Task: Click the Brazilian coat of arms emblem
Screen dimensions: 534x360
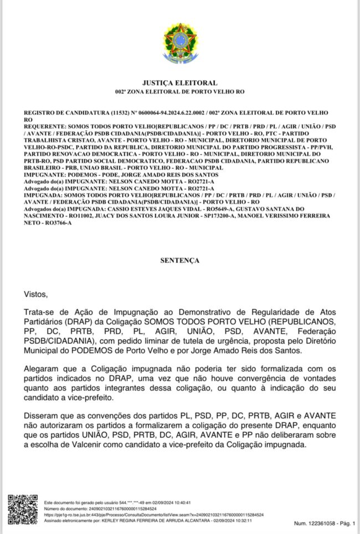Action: coord(179,42)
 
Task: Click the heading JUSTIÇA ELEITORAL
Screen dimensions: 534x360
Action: coord(179,83)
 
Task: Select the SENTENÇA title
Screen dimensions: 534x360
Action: coord(179,260)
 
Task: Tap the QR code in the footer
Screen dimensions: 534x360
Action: coord(23,509)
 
